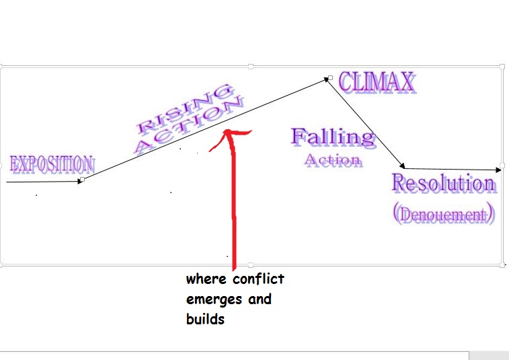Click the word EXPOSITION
click(x=52, y=164)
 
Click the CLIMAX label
click(x=377, y=83)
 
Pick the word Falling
click(x=332, y=137)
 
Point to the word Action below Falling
click(x=333, y=161)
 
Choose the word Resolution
click(x=444, y=183)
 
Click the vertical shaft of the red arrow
click(x=234, y=202)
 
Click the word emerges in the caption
click(x=215, y=299)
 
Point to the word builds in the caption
click(x=204, y=320)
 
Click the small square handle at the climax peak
click(x=329, y=78)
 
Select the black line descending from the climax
click(x=366, y=122)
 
